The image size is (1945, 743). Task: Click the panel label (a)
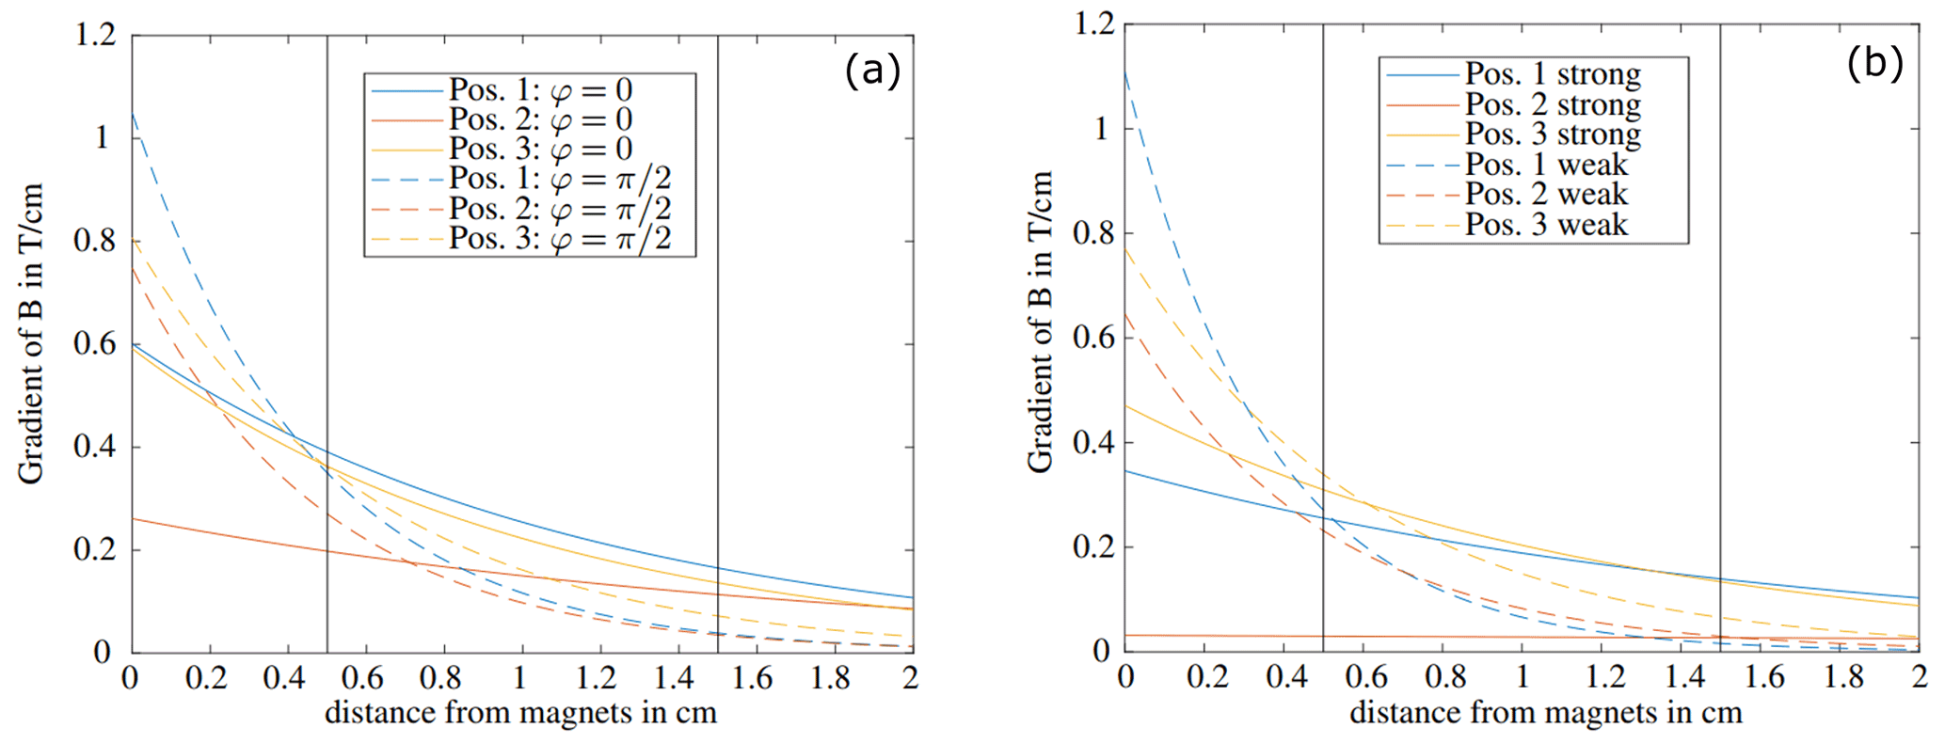pyautogui.click(x=872, y=71)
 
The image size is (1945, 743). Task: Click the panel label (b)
pyautogui.click(x=1874, y=63)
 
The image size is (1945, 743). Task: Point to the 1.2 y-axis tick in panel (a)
pyautogui.click(x=95, y=35)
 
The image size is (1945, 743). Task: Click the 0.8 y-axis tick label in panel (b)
pyautogui.click(x=1094, y=233)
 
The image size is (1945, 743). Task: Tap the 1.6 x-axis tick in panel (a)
pyautogui.click(x=753, y=677)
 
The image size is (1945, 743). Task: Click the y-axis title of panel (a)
pyautogui.click(x=31, y=334)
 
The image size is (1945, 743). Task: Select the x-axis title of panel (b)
pyautogui.click(x=1545, y=713)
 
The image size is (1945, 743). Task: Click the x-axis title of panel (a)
pyautogui.click(x=520, y=713)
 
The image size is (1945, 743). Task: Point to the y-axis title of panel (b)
pyautogui.click(x=1040, y=322)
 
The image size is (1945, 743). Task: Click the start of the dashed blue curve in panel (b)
pyautogui.click(x=1126, y=71)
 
